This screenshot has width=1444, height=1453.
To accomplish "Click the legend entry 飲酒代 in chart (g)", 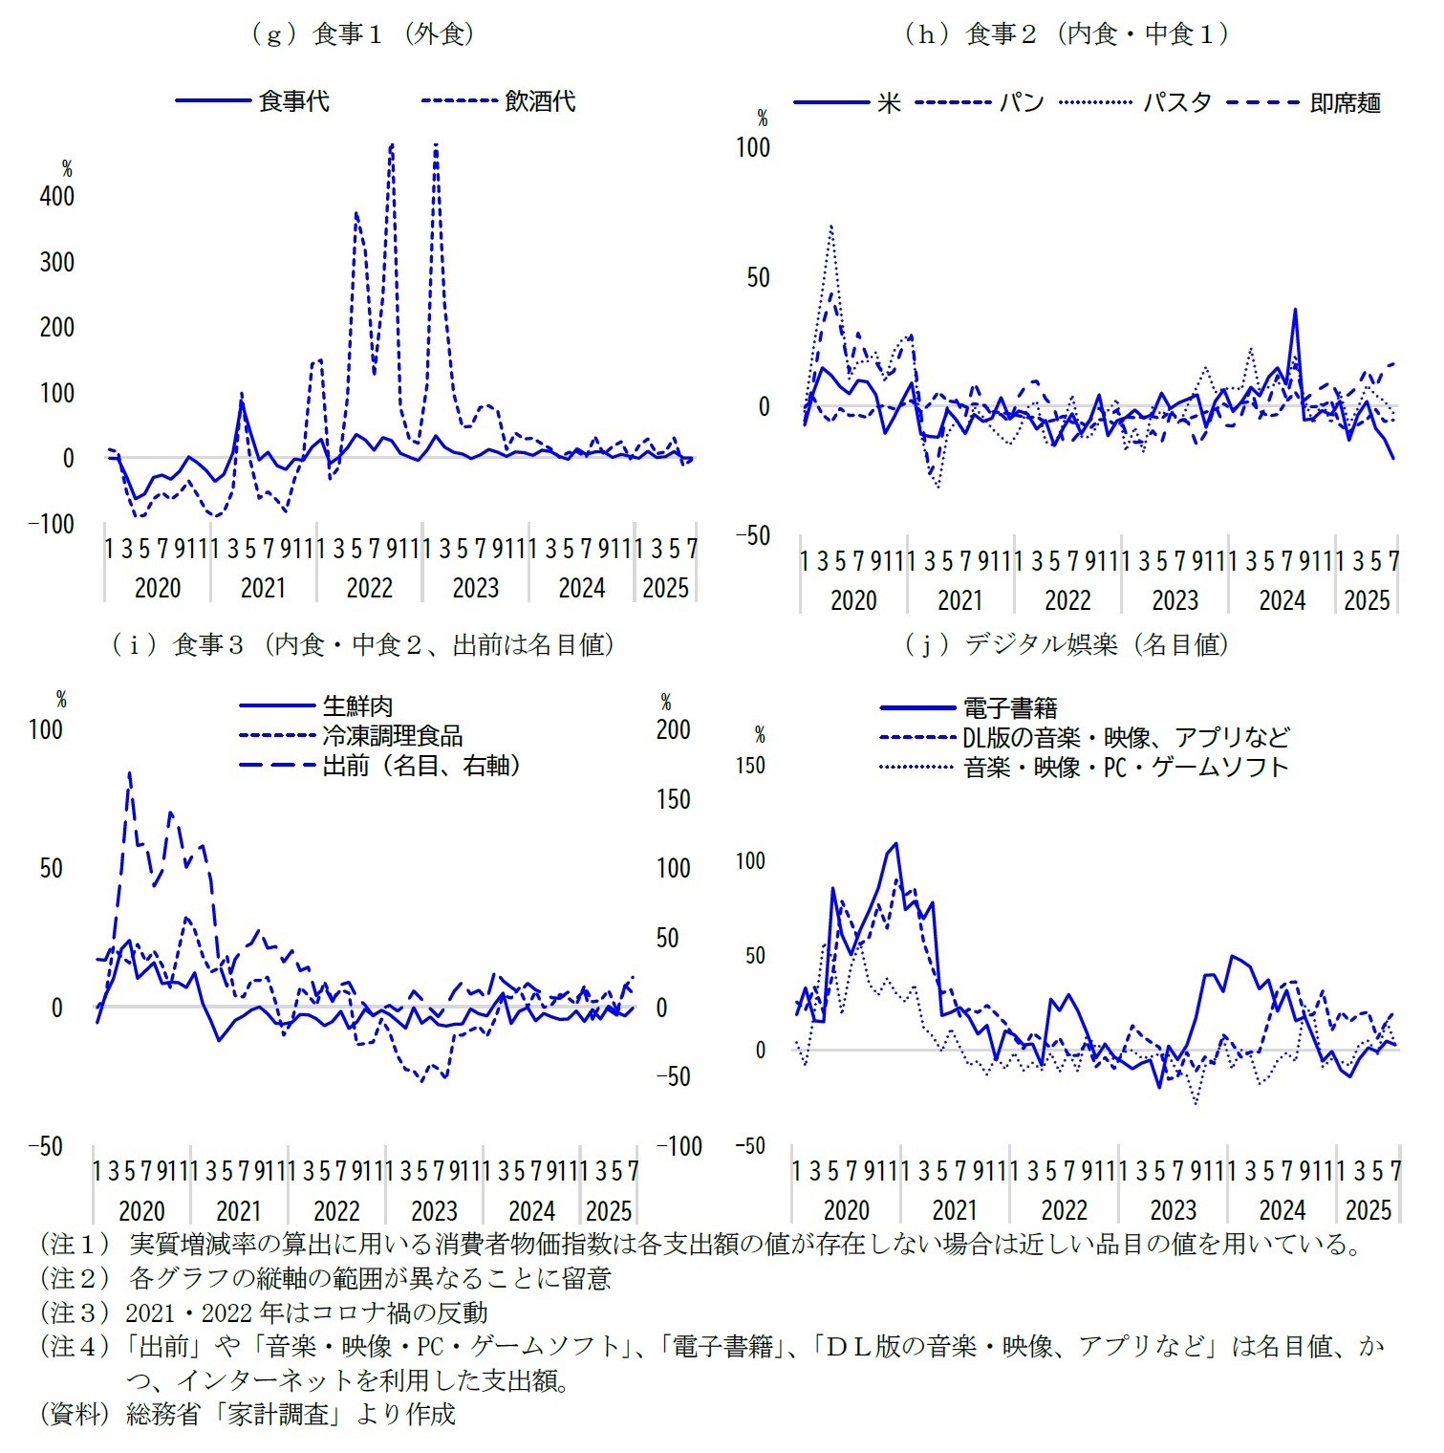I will (x=540, y=101).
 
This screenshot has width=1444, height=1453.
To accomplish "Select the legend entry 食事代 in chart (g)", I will (x=293, y=101).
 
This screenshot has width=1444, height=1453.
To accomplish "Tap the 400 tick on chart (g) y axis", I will (x=56, y=197).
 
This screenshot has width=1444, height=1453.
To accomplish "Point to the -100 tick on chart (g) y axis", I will (x=52, y=524).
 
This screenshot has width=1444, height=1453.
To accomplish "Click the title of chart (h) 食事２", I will (x=1066, y=34).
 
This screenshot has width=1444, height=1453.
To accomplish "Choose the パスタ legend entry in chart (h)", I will (x=1176, y=103).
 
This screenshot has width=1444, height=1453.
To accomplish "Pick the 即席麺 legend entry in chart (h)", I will (x=1345, y=103).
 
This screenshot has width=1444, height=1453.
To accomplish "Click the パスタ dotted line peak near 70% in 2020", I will (x=831, y=227).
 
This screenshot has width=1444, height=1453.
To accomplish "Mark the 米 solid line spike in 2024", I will (x=1295, y=309).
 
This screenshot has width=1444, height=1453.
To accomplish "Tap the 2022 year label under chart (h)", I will (x=1067, y=600).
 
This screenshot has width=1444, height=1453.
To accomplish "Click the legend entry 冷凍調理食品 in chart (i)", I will (x=392, y=736).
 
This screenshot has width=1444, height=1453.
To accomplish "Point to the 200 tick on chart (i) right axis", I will (x=673, y=730).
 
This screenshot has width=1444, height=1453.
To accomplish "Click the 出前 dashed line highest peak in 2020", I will (x=129, y=772).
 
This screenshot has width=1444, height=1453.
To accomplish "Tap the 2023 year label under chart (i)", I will (x=434, y=1211).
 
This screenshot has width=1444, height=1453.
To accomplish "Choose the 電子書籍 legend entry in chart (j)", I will (x=1009, y=708).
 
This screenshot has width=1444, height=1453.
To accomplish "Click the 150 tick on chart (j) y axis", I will (x=750, y=766).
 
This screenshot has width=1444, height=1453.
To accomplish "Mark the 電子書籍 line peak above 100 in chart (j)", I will (x=895, y=844).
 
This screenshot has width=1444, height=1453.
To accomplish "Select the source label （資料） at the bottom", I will (x=75, y=1414).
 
